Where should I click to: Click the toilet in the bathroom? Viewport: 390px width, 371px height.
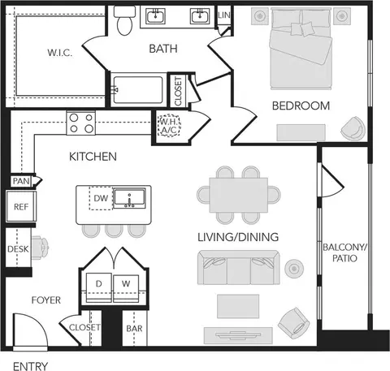point(124,20)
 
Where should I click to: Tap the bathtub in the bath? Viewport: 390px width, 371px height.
point(138,90)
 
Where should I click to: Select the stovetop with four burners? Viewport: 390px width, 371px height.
point(81,123)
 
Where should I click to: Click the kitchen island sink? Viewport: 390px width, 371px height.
point(129,198)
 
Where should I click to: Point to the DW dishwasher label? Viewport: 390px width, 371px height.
point(101,198)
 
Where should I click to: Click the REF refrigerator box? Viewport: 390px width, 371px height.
point(21,206)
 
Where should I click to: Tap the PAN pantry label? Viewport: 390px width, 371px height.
point(21,181)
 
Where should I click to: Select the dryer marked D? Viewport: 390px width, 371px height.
point(98,287)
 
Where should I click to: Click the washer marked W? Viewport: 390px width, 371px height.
point(126,288)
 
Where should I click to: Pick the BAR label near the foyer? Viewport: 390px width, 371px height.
point(134,329)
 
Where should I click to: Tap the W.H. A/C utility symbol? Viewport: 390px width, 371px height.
point(170,125)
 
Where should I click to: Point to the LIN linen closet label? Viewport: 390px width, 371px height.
point(224,15)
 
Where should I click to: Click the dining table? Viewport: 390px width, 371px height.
point(239,195)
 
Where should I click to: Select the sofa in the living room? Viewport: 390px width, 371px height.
point(239,267)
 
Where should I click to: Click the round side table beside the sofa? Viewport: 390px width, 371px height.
point(294,269)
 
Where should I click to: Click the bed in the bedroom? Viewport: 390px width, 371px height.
point(301,49)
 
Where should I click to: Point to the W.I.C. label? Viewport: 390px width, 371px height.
point(60,53)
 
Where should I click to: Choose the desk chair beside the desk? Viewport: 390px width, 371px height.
point(40,248)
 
